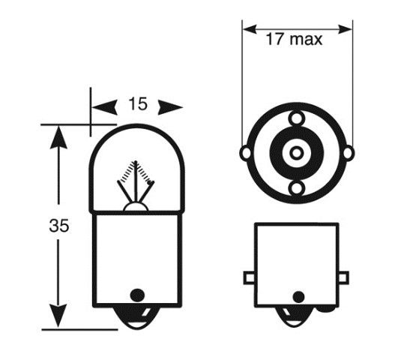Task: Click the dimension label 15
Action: pos(138,103)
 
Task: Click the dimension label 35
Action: pos(58,226)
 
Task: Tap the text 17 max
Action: pos(294,39)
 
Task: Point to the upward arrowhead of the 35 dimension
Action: pos(58,137)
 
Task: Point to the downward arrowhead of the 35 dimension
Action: pos(58,316)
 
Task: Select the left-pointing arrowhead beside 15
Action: pos(104,107)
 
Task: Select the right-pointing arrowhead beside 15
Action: pos(170,107)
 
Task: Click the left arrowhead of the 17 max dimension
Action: pos(250,29)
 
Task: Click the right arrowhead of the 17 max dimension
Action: pos(345,29)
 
